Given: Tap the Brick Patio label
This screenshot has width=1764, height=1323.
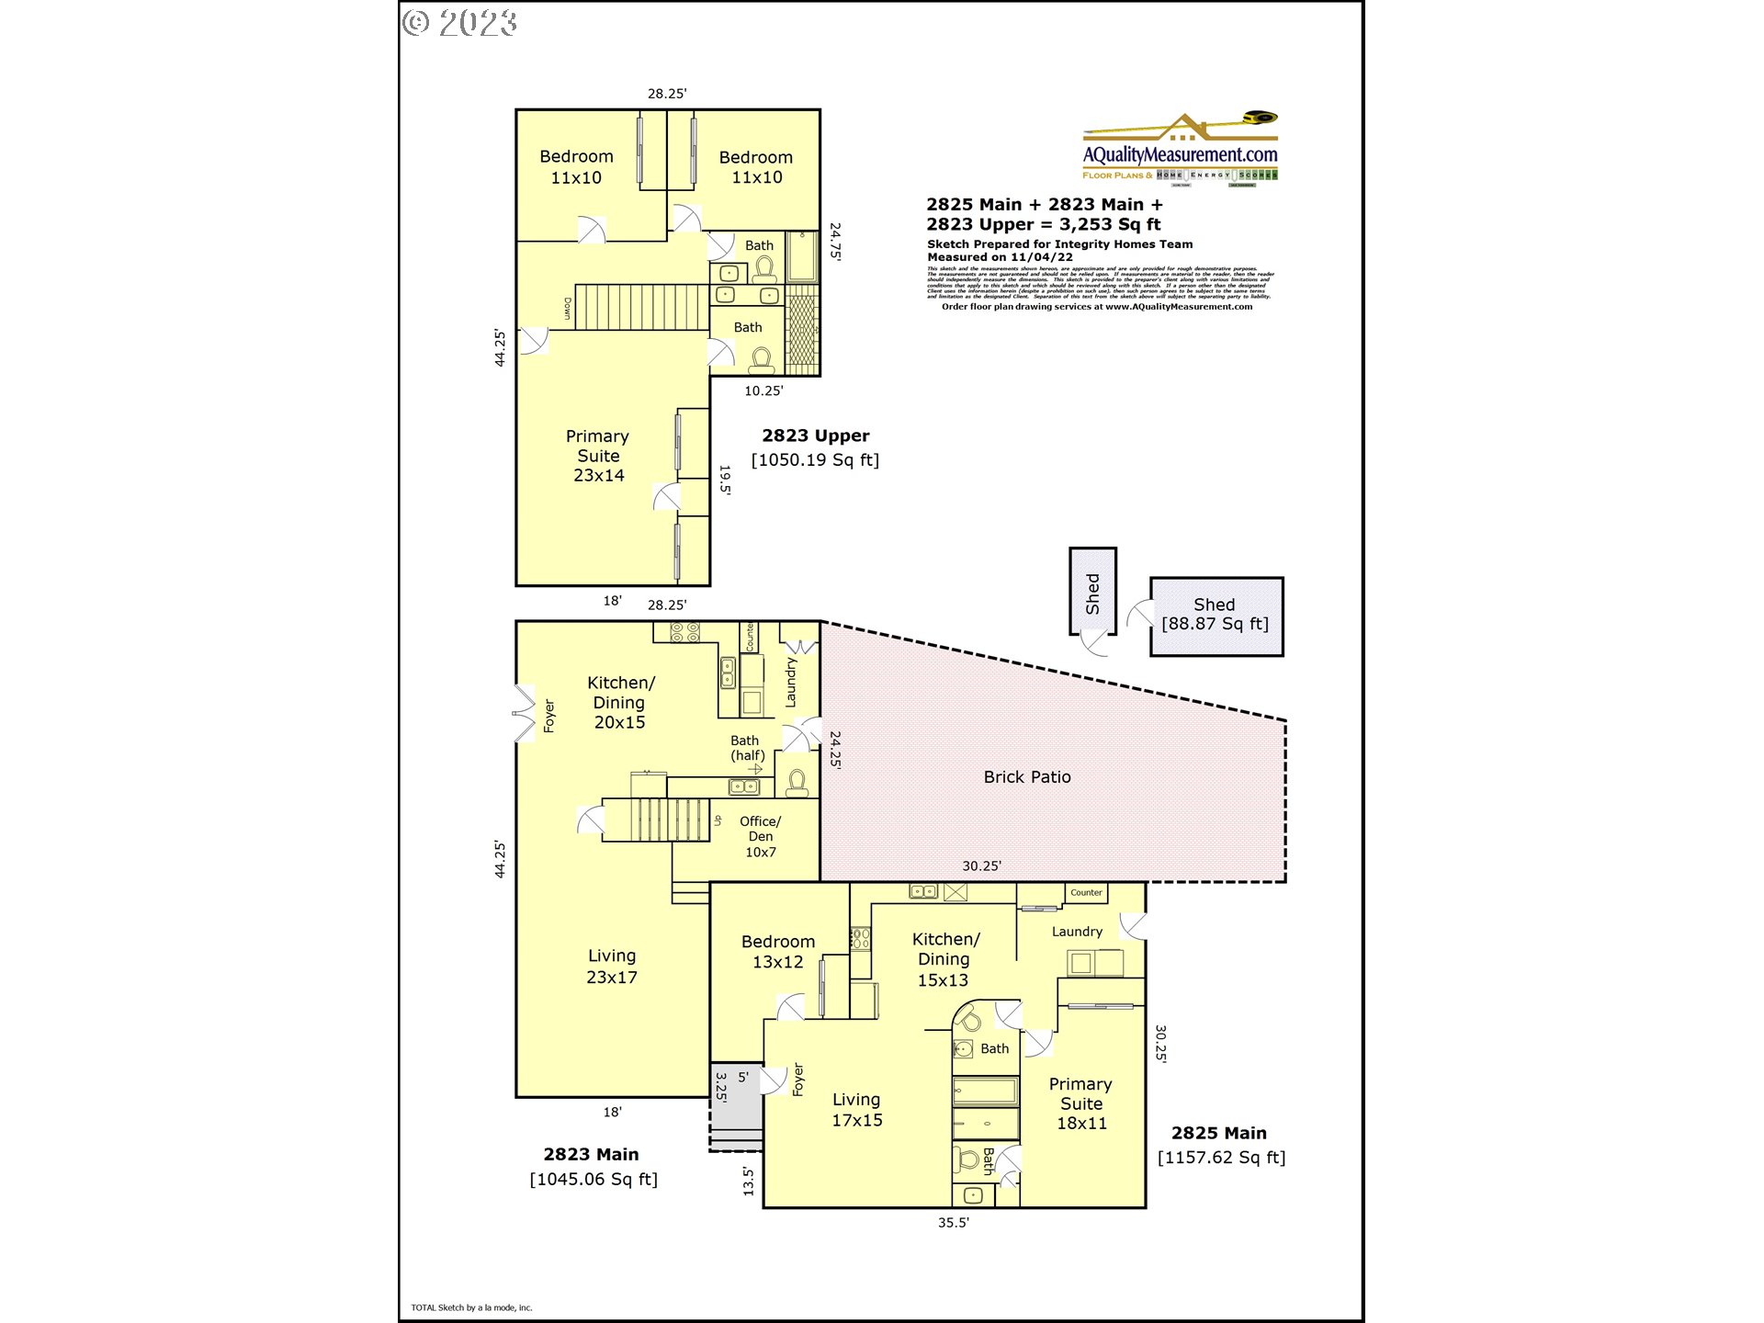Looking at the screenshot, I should pos(1026,777).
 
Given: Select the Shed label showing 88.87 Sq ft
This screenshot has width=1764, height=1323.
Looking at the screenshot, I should pos(1215,615).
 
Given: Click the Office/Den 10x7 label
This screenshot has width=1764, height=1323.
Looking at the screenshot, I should pos(760,837).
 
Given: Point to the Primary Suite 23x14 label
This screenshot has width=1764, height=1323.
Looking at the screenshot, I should pos(598,456).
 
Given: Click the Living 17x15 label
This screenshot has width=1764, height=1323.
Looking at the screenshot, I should pos(856,1110).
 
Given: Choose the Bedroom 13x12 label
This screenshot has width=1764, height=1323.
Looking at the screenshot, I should pos(777,952).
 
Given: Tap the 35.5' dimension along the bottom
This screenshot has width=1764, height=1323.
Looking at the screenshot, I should pos(953,1223).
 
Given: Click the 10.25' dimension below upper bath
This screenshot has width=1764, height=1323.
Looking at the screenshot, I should pos(763,391).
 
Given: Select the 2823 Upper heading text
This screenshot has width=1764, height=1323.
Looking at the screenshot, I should pos(815,436).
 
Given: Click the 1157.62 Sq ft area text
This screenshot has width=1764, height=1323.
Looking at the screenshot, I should pos(1221,1158).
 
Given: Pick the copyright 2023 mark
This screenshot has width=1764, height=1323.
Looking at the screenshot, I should pos(460,23).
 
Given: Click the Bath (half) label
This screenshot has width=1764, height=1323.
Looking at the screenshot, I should pos(746,748).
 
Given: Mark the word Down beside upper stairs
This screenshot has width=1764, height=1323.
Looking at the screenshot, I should pos(567,309).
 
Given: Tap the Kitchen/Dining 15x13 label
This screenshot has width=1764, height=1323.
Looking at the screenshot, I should pos(944,959).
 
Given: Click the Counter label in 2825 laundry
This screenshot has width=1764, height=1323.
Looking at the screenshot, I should pos(1086,893).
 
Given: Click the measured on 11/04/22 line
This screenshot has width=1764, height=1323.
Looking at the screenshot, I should pos(1000,257).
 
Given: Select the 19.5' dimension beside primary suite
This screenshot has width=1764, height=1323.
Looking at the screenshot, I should pos(725,480).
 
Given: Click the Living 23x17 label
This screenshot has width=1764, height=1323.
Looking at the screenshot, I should pos(612,967).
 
